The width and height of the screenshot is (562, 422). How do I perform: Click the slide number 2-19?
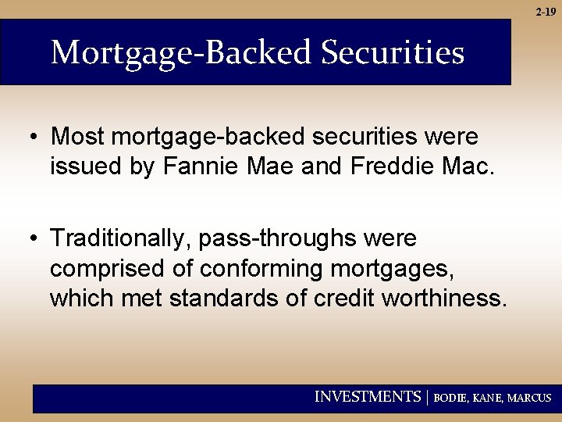point(546,12)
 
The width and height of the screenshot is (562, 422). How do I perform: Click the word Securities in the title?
point(393,53)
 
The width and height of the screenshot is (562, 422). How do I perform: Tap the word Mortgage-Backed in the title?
point(181,53)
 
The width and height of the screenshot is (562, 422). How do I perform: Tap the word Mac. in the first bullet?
point(471,166)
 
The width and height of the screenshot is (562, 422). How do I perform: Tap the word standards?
point(233,299)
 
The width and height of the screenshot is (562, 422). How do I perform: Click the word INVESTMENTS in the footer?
point(367,397)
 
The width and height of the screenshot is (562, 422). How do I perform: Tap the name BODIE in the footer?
point(451,398)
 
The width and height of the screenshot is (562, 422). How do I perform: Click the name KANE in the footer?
point(489,398)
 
